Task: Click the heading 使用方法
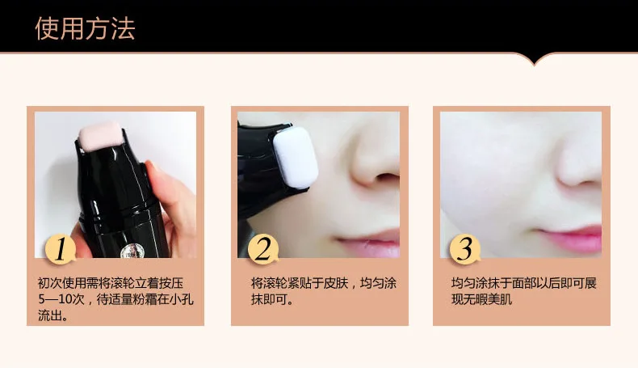[85, 28]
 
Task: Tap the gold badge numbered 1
[61, 248]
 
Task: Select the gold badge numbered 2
[263, 248]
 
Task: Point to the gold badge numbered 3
[465, 248]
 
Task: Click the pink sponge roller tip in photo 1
[100, 136]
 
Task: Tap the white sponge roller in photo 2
[295, 158]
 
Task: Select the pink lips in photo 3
[569, 239]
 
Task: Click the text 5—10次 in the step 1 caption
[61, 299]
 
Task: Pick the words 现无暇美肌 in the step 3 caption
[482, 299]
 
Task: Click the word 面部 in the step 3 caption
[524, 283]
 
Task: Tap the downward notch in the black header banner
[535, 61]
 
